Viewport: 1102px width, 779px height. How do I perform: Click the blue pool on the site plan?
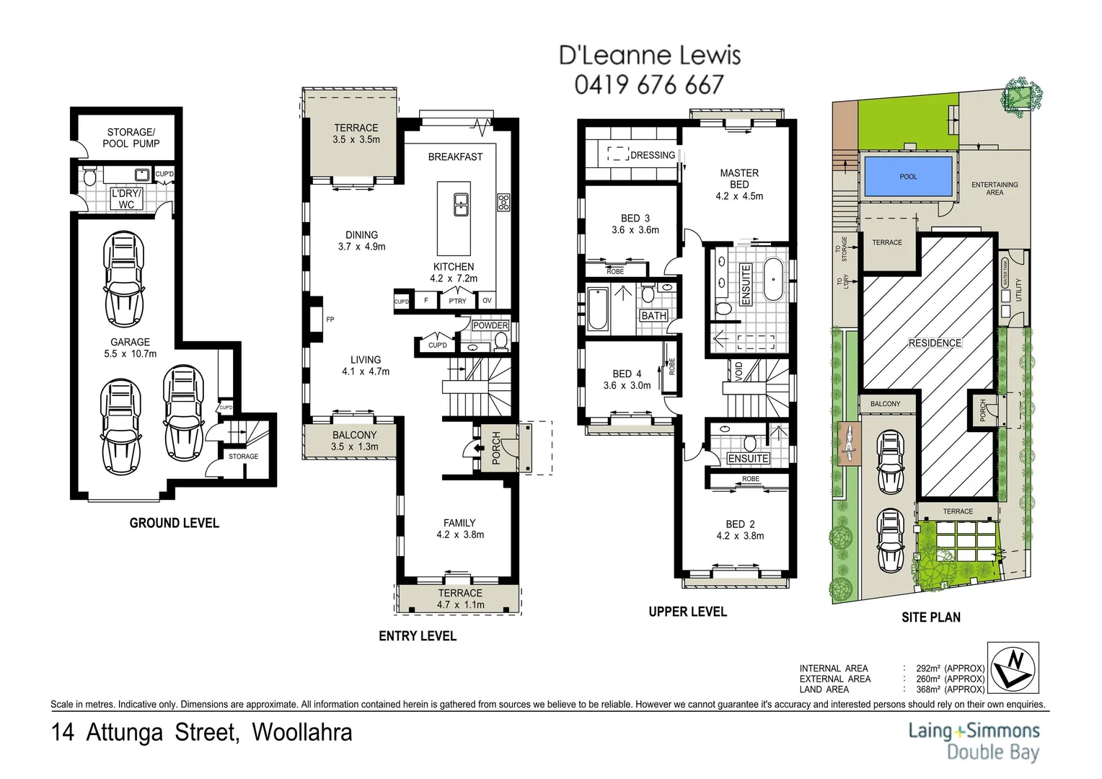(908, 177)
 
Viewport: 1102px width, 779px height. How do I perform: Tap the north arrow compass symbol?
(1013, 666)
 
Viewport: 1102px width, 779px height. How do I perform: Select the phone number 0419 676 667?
(648, 85)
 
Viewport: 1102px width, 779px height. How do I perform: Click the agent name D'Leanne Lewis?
(650, 55)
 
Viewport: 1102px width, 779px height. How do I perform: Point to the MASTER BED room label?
(739, 179)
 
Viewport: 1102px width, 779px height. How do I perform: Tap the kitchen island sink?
(459, 204)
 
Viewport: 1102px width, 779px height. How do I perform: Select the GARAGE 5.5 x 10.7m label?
(130, 348)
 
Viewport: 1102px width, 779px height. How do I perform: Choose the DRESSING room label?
(653, 155)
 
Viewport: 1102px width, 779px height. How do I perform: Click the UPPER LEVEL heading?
(687, 612)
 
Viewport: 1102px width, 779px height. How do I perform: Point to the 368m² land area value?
(945, 689)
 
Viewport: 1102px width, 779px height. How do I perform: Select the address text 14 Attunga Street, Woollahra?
(202, 733)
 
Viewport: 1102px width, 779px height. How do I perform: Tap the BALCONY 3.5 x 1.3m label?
(355, 441)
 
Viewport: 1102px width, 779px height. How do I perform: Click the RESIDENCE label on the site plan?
(935, 343)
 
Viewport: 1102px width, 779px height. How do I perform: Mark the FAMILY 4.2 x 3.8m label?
(459, 529)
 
